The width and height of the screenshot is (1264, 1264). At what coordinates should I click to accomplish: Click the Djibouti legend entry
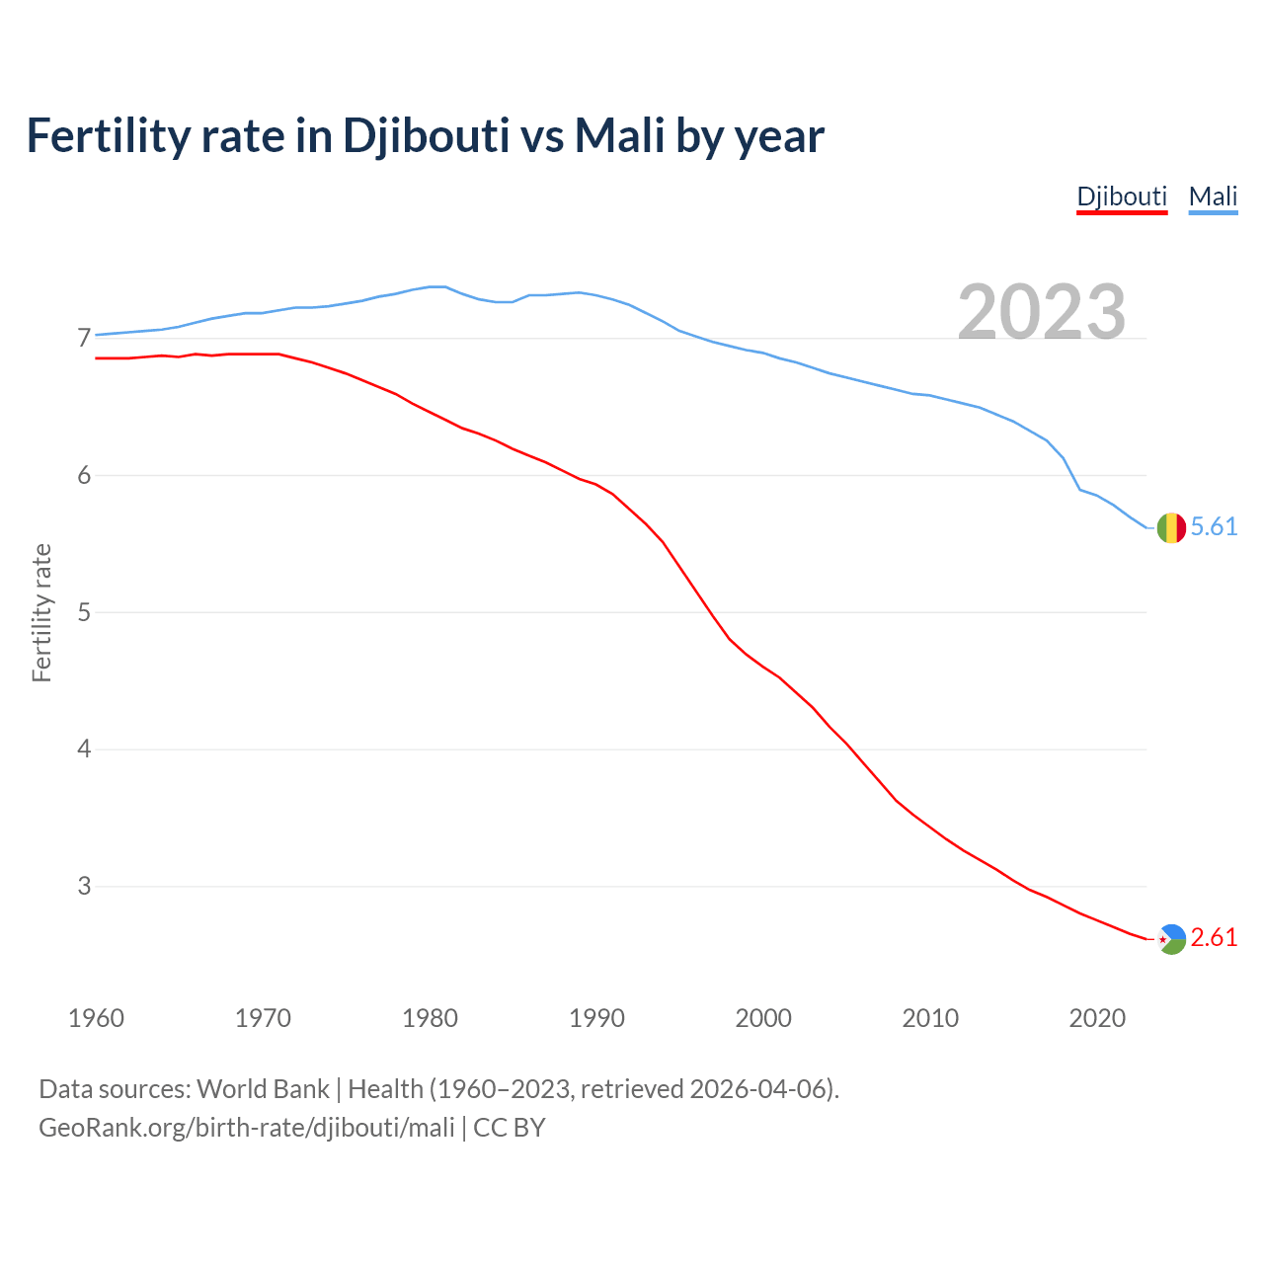1122,197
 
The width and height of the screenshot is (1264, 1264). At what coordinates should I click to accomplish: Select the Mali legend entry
1213,197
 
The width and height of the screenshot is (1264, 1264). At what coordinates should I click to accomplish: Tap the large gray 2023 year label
1042,312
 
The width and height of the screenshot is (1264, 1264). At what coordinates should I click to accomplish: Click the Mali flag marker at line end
1171,528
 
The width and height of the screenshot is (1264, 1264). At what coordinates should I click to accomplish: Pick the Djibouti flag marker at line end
1171,938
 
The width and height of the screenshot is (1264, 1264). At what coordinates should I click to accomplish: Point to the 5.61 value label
1214,527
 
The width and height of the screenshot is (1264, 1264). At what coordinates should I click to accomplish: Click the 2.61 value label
1214,938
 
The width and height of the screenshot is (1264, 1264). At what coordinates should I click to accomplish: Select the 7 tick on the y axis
83,339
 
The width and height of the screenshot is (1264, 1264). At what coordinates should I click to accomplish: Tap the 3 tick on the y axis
83,886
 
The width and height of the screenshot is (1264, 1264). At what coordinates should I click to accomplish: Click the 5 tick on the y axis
83,612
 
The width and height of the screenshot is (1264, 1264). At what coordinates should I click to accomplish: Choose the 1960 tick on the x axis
96,1018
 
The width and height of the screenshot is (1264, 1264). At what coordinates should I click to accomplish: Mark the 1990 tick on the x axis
596,1018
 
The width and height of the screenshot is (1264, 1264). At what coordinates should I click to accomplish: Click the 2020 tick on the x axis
1097,1018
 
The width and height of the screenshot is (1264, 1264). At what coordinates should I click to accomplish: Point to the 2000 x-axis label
763,1018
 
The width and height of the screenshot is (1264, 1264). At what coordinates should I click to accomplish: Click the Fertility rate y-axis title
41,612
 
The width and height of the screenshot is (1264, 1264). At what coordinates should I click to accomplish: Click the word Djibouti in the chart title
426,135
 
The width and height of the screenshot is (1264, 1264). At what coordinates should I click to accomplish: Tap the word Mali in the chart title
619,135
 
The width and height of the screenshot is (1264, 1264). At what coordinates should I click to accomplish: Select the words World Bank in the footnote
263,1089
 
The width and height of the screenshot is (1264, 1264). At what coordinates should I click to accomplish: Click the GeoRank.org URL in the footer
246,1127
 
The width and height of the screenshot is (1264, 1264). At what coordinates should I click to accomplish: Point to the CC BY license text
510,1127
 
